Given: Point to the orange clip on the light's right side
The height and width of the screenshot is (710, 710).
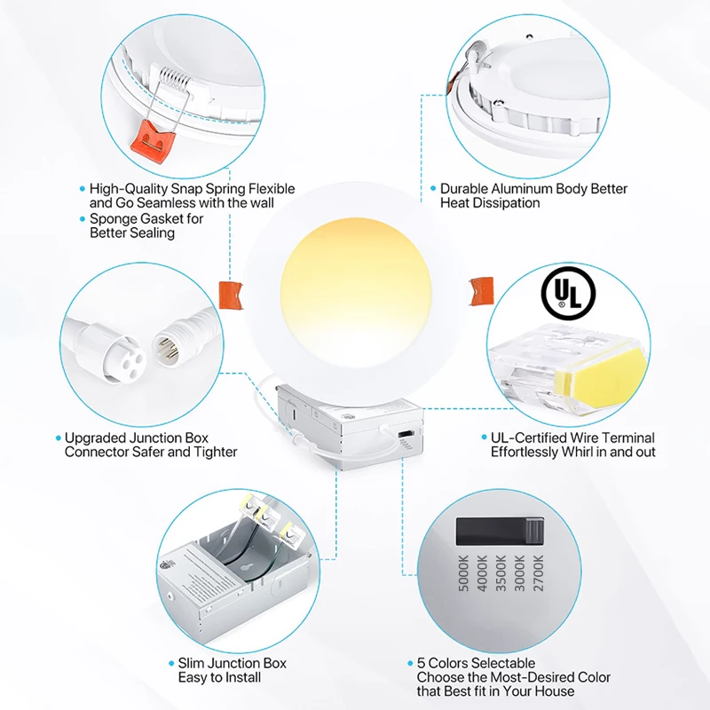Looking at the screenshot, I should [481, 288].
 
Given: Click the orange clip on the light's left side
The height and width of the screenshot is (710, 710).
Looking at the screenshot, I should [229, 294].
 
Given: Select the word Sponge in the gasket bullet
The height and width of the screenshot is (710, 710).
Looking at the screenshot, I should [112, 218].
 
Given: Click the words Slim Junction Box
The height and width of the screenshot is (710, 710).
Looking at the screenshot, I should [233, 663].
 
